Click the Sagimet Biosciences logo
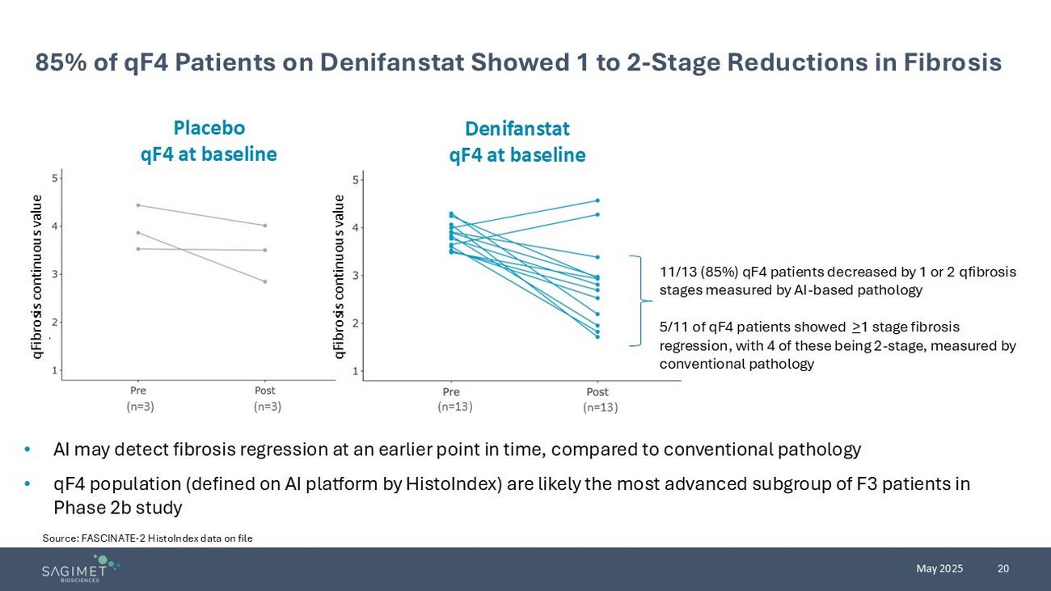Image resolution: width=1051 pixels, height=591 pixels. pyautogui.click(x=81, y=568)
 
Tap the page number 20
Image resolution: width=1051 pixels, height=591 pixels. pyautogui.click(x=1003, y=568)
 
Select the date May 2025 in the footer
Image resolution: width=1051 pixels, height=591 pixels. pyautogui.click(x=939, y=568)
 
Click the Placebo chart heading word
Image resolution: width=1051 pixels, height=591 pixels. pyautogui.click(x=209, y=128)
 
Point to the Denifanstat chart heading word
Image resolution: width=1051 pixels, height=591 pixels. pyautogui.click(x=517, y=129)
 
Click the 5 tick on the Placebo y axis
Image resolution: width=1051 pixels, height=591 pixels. pyautogui.click(x=53, y=178)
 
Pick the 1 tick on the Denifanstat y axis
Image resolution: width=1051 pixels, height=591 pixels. pyautogui.click(x=357, y=371)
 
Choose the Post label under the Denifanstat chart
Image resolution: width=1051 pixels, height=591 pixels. pyautogui.click(x=597, y=392)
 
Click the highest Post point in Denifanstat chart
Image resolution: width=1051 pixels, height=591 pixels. pyautogui.click(x=597, y=201)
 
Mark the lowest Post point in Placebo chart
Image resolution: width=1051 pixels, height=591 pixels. pyautogui.click(x=264, y=281)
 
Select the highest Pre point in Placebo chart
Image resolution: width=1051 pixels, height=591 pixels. pyautogui.click(x=138, y=205)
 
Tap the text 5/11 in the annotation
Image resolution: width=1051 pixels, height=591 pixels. pyautogui.click(x=673, y=327)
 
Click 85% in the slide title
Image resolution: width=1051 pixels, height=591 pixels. pyautogui.click(x=57, y=62)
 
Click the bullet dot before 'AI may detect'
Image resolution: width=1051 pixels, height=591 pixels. pyautogui.click(x=27, y=450)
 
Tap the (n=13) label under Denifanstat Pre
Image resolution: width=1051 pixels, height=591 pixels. pyautogui.click(x=455, y=407)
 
